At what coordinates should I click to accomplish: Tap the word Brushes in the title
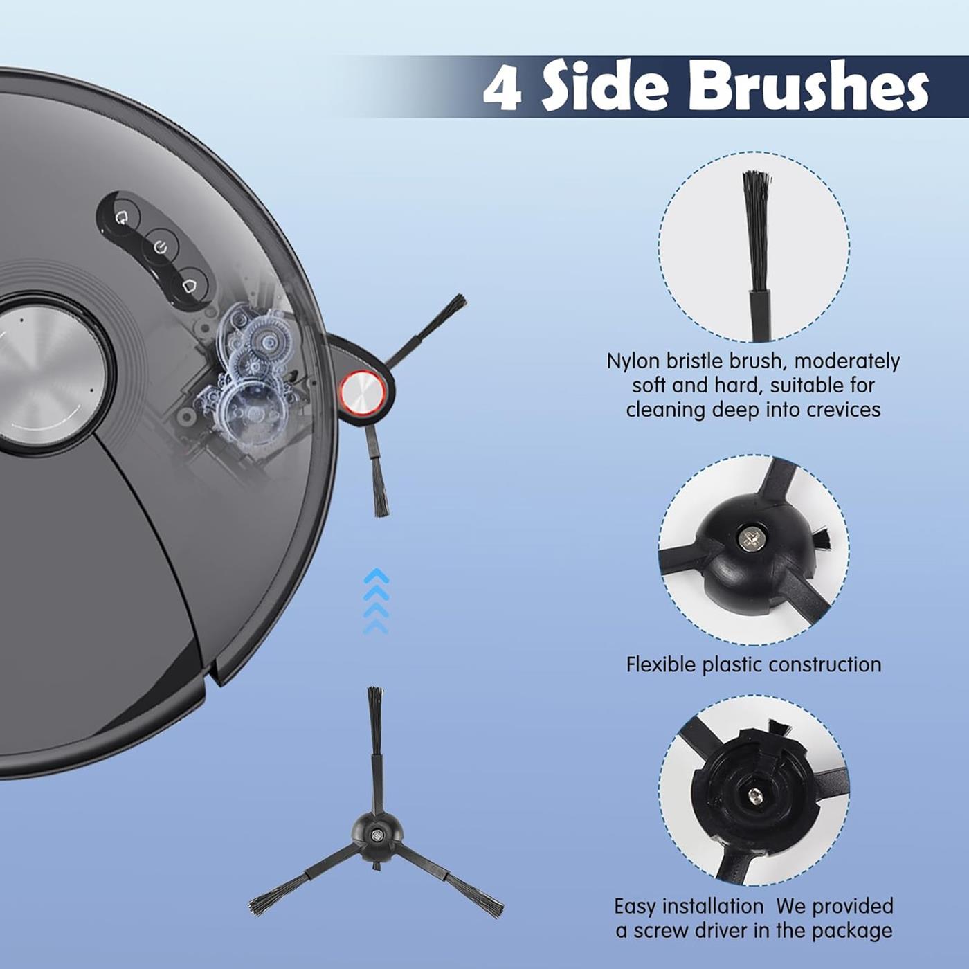click(806, 89)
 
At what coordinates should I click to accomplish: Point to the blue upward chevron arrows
click(376, 601)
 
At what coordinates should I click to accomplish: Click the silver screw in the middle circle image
click(747, 540)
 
